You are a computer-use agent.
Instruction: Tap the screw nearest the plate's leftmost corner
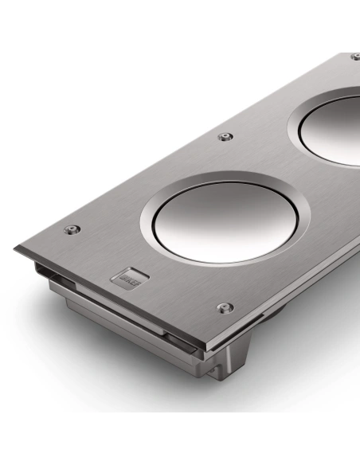point(72,229)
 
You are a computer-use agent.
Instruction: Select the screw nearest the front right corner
point(225,307)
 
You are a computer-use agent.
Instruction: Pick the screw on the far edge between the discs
point(225,137)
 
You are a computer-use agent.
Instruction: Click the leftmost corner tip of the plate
point(15,248)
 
